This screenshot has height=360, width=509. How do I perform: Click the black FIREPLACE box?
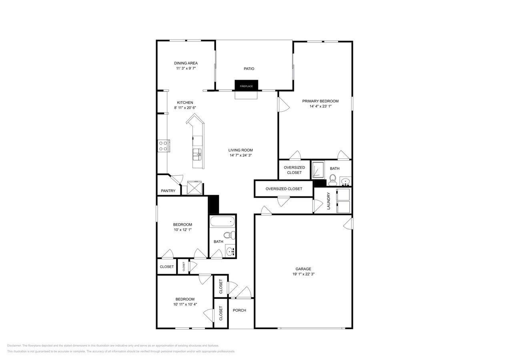pyautogui.click(x=246, y=85)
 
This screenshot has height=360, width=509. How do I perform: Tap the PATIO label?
pyautogui.click(x=249, y=69)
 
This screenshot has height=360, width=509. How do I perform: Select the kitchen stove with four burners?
pyautogui.click(x=163, y=146)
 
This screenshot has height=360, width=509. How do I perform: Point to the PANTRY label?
pyautogui.click(x=168, y=191)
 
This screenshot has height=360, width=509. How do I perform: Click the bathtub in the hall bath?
pyautogui.click(x=222, y=221)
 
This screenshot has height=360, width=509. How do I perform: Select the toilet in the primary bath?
pyautogui.click(x=333, y=179)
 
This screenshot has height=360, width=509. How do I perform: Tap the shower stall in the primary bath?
pyautogui.click(x=319, y=170)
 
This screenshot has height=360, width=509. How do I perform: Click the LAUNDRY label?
pyautogui.click(x=329, y=201)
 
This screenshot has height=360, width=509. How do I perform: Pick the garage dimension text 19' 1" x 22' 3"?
pyautogui.click(x=303, y=274)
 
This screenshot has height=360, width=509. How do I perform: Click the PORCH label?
pyautogui.click(x=239, y=310)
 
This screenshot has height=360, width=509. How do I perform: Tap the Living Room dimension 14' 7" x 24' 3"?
pyautogui.click(x=240, y=155)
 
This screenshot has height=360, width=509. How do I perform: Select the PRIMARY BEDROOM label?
pyautogui.click(x=320, y=101)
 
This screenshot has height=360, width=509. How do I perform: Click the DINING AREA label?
pyautogui.click(x=186, y=63)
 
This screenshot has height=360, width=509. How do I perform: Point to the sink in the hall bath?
pyautogui.click(x=230, y=251)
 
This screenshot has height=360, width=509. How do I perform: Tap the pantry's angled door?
pyautogui.click(x=176, y=179)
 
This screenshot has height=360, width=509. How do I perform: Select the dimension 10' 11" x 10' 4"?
pyautogui.click(x=185, y=304)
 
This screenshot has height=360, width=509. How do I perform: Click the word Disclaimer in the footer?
pyautogui.click(x=14, y=346)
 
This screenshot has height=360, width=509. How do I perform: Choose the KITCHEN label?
pyautogui.click(x=185, y=103)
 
